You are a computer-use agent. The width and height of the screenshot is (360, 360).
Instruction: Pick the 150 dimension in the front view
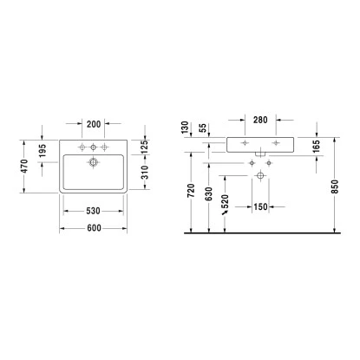pos(260,207)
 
